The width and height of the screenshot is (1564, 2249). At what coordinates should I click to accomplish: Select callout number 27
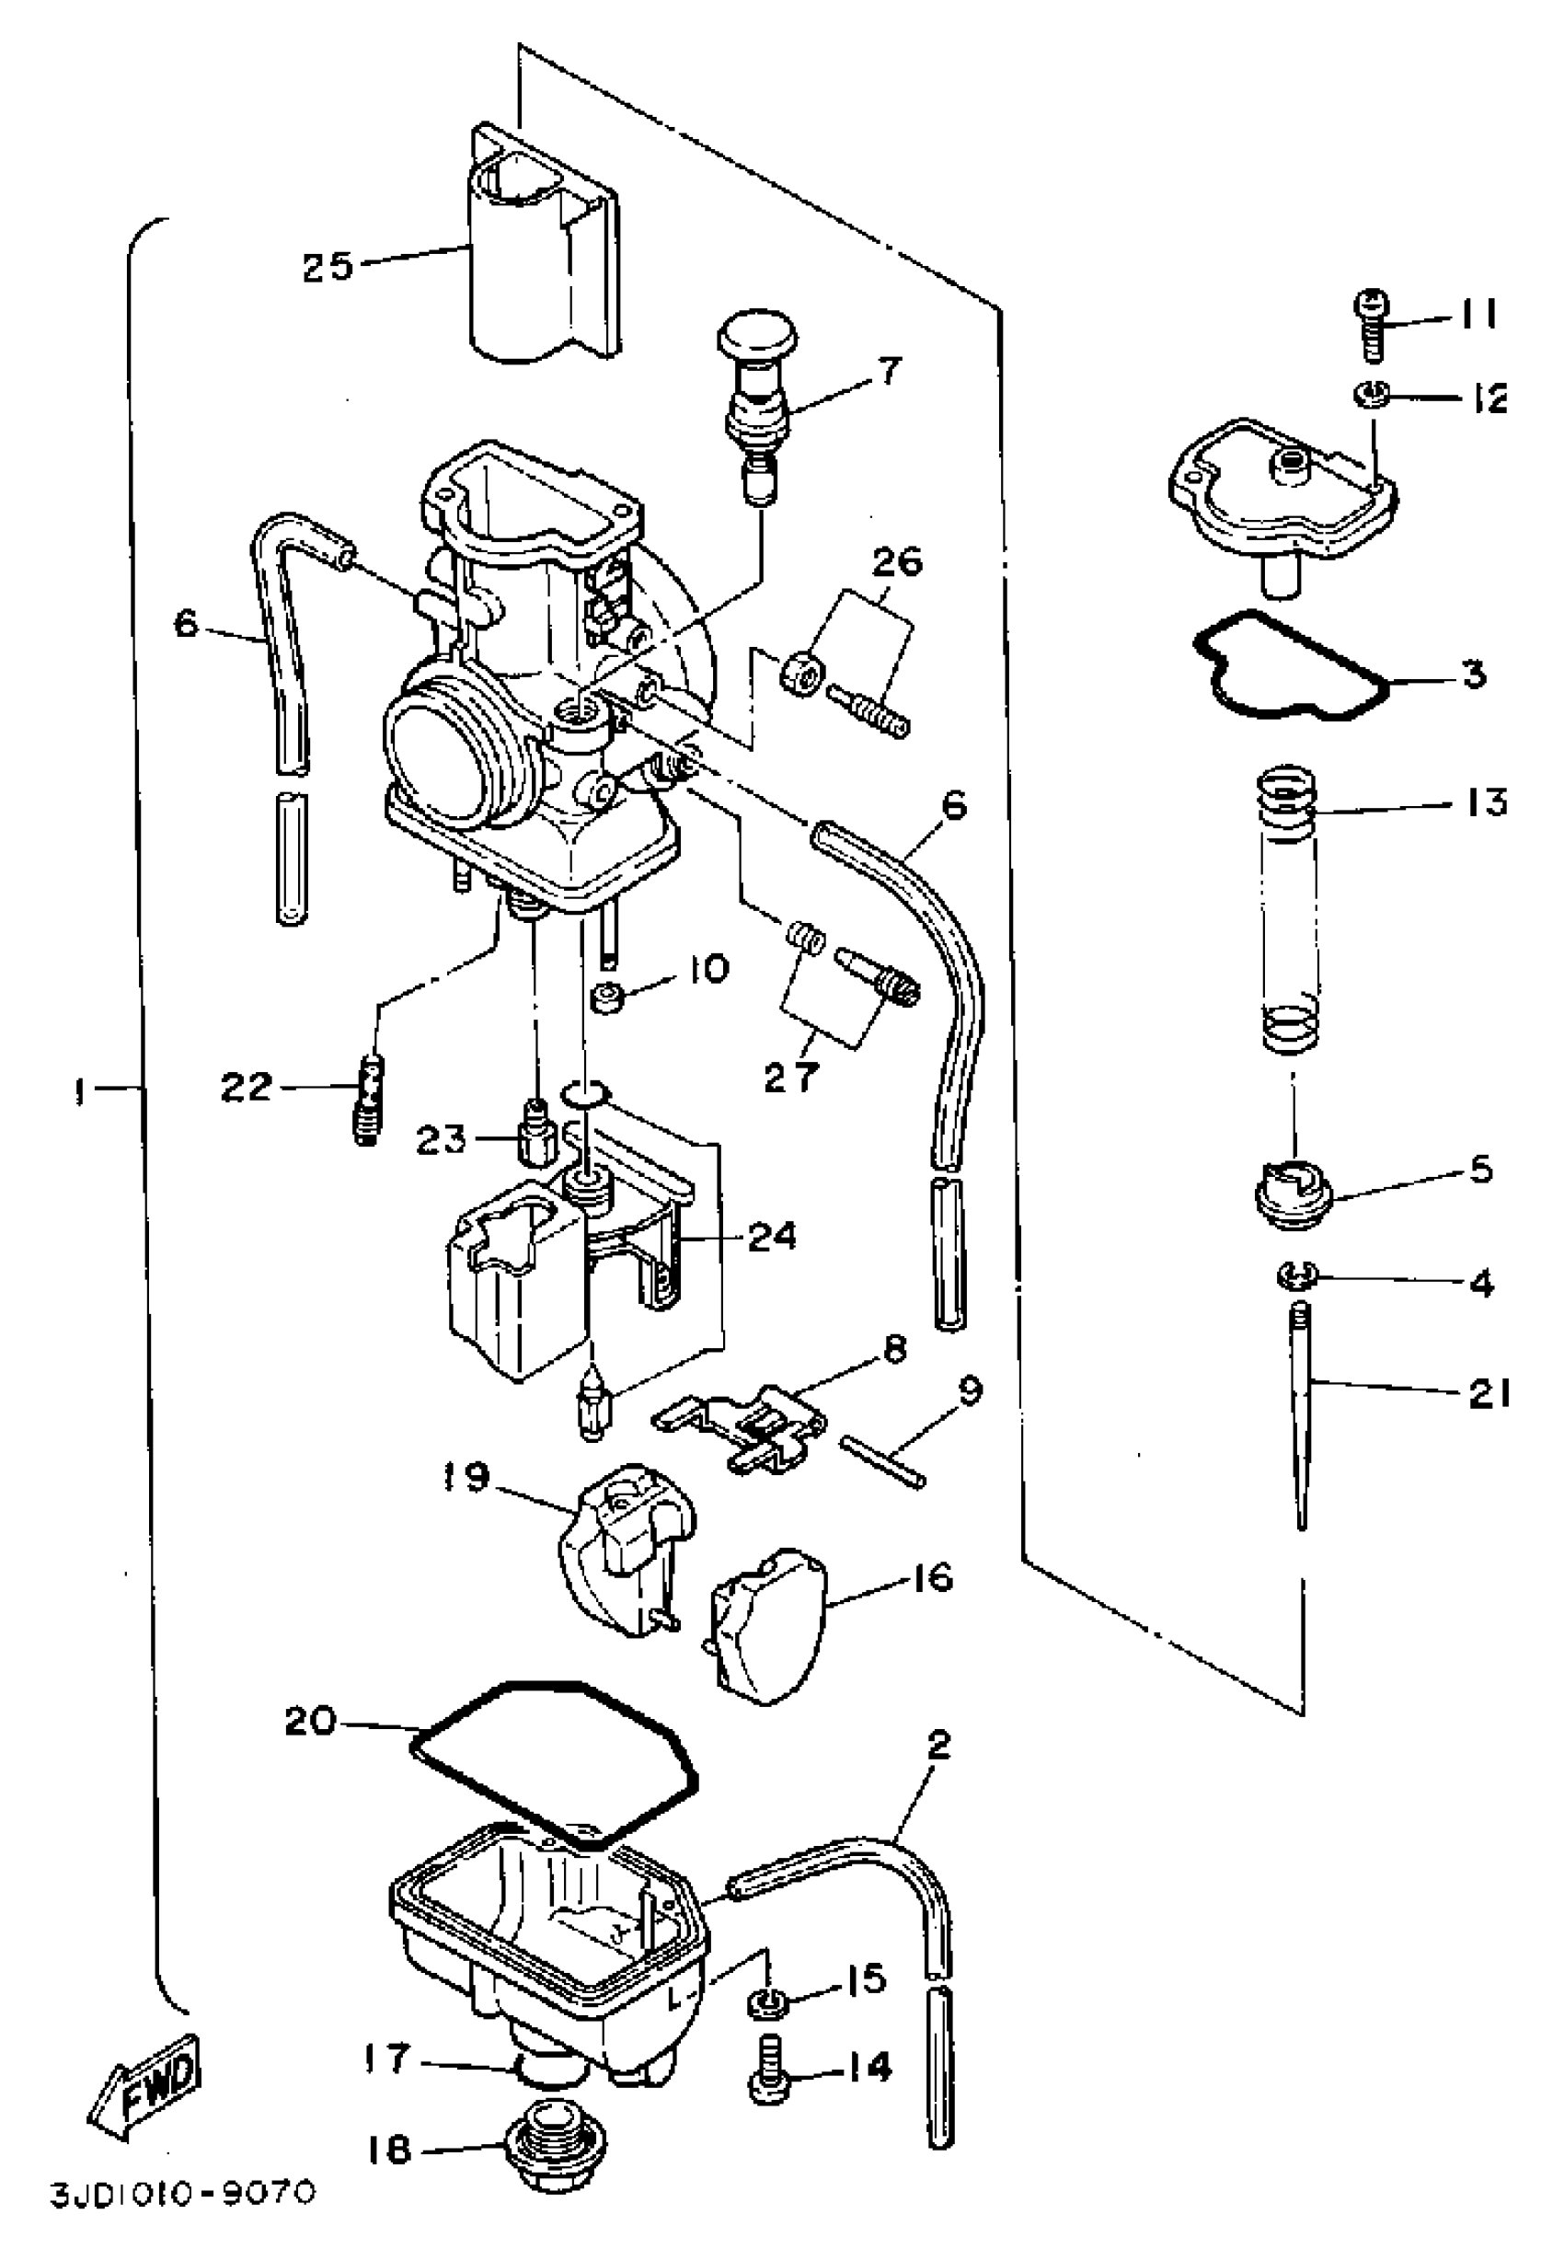791,1077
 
